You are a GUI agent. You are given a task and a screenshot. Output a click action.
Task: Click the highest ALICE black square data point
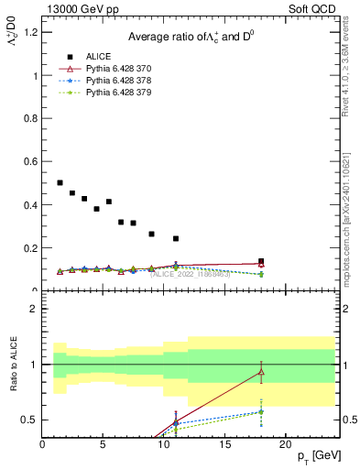click(60, 183)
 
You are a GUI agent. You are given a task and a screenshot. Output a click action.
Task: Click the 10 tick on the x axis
click(164, 443)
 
